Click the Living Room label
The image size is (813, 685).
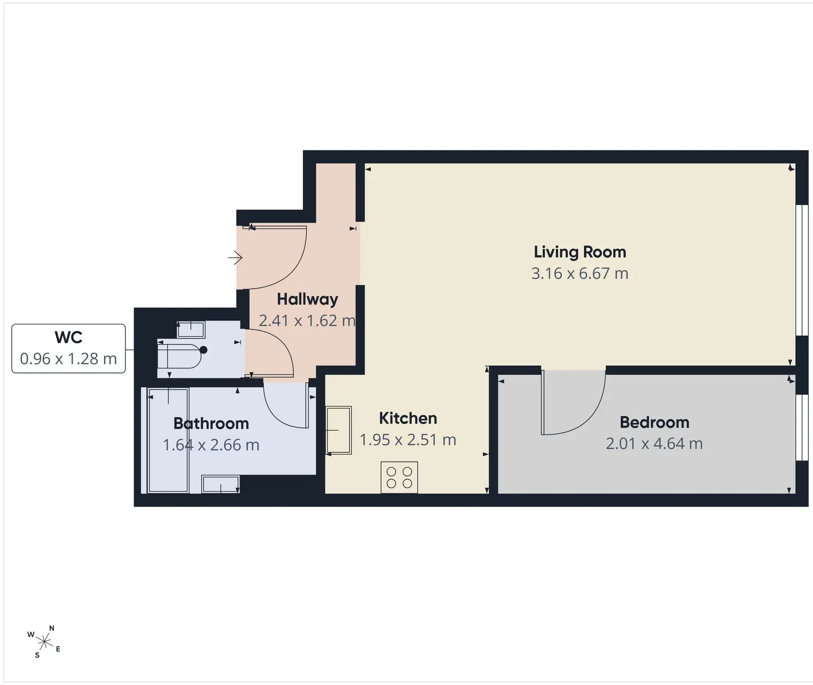[x=580, y=252]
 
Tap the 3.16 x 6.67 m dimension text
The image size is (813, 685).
[x=580, y=274]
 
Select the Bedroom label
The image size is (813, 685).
[x=654, y=422]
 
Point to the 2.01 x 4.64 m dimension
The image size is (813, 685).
[x=654, y=444]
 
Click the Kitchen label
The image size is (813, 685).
[x=408, y=418]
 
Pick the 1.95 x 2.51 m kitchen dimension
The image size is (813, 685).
[x=408, y=440]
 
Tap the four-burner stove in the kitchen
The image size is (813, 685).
[x=399, y=477]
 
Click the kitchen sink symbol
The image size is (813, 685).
[x=338, y=430]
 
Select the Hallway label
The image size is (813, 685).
[x=307, y=300]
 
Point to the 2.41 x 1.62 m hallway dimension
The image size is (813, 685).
[x=307, y=321]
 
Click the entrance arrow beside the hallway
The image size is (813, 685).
[x=235, y=258]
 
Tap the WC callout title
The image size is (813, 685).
[x=69, y=337]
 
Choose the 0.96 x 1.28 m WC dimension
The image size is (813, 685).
[x=69, y=359]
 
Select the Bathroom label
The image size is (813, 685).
[x=211, y=423]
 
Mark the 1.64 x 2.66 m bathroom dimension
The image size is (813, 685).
[x=211, y=445]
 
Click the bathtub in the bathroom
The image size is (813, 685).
[x=168, y=440]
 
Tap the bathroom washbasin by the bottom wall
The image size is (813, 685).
[x=221, y=484]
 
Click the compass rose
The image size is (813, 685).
[x=44, y=642]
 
